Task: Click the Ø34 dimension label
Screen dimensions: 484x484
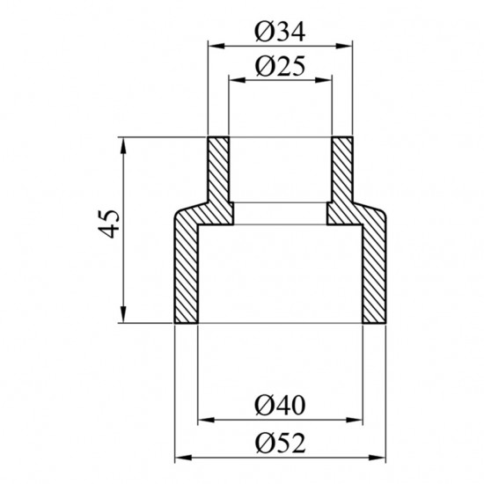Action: [x=280, y=32]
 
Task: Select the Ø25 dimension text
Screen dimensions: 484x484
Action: [x=280, y=66]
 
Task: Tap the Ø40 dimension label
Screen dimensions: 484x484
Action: [x=280, y=406]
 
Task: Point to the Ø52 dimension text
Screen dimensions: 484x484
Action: [x=280, y=444]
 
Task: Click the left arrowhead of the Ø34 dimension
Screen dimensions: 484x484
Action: [x=216, y=46]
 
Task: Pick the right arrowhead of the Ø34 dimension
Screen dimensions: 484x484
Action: [x=344, y=46]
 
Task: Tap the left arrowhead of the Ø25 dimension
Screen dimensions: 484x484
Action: [x=237, y=80]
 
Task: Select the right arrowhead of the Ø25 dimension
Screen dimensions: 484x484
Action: [x=324, y=80]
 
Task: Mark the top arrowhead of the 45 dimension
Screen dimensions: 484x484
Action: [x=123, y=145]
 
